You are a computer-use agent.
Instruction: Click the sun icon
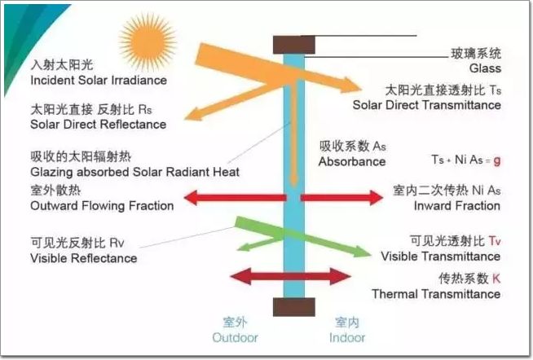[x=147, y=41]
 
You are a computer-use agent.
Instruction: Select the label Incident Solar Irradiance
[x=98, y=81]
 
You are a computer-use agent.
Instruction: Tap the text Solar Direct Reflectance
[x=98, y=125]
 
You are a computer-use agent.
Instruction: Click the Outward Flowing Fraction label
[x=102, y=206]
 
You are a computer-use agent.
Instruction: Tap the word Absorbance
[x=352, y=161]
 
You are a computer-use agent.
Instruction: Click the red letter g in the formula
[x=497, y=160]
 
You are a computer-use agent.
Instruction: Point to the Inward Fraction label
[x=459, y=206]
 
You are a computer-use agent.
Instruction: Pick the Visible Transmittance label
[x=441, y=257]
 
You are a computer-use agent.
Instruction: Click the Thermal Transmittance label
[x=436, y=293]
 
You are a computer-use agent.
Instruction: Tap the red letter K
[x=496, y=279]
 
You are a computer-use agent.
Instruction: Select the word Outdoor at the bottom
[x=235, y=337]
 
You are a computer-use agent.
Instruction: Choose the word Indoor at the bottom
[x=347, y=337]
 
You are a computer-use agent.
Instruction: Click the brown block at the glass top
[x=293, y=44]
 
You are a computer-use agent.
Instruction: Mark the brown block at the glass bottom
[x=293, y=307]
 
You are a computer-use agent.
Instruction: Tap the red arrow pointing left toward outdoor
[x=232, y=197]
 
